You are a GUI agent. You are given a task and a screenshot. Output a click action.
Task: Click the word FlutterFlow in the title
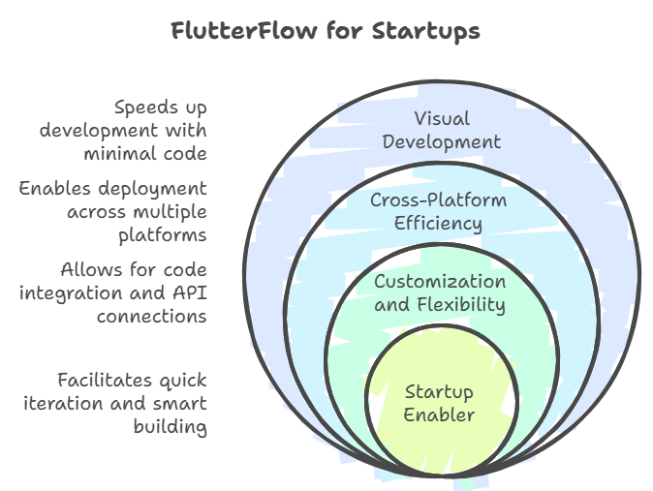(x=244, y=31)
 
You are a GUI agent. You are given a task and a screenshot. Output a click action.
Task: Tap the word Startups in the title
(x=425, y=32)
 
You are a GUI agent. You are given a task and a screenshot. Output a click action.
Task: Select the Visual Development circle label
(x=442, y=131)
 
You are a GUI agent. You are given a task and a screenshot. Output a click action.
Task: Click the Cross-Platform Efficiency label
(x=439, y=211)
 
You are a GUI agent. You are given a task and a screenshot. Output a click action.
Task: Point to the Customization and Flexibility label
(x=440, y=292)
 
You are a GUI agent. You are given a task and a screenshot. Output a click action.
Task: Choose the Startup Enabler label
(x=439, y=403)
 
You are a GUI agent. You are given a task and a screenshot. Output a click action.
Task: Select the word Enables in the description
(x=54, y=188)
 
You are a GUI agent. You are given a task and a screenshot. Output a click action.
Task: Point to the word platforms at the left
(x=163, y=236)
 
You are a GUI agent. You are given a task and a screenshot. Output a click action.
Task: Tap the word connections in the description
(x=151, y=317)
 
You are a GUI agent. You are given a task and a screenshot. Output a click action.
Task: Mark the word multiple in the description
(x=172, y=213)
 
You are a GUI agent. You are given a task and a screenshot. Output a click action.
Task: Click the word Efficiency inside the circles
(x=438, y=224)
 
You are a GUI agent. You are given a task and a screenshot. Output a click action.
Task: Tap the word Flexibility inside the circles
(x=461, y=304)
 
